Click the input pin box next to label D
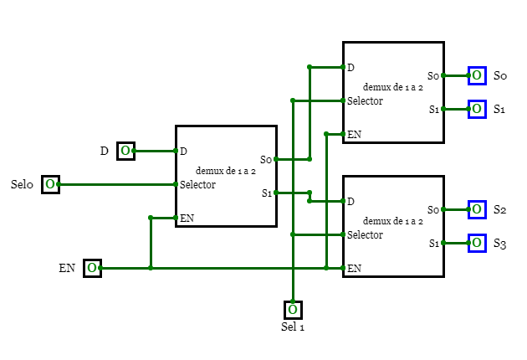click(125, 151)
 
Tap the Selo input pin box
click(50, 184)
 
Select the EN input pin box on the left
click(92, 268)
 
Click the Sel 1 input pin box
click(293, 310)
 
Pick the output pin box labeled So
click(477, 75)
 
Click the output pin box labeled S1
click(477, 109)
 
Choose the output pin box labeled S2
click(477, 209)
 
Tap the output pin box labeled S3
click(477, 243)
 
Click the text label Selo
click(22, 184)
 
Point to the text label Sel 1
click(293, 327)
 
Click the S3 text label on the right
click(499, 244)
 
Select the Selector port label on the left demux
click(197, 184)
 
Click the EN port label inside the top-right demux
click(355, 134)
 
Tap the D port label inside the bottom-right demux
click(350, 201)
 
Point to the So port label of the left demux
click(266, 159)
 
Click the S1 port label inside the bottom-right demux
click(434, 244)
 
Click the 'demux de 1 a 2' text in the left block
click(226, 171)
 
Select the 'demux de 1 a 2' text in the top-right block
click(393, 87)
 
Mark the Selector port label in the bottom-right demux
click(365, 234)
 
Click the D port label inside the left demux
click(183, 151)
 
